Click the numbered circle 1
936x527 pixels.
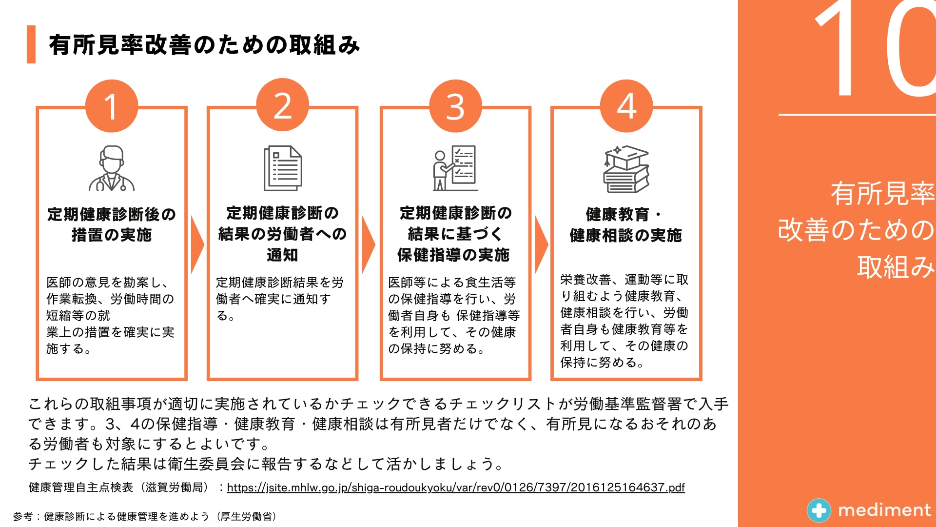[x=112, y=106]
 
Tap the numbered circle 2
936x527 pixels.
[x=283, y=105]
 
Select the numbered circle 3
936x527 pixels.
[x=455, y=106]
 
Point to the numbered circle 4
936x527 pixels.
[x=626, y=106]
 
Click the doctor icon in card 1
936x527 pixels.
[x=112, y=168]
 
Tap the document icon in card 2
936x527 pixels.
[x=283, y=168]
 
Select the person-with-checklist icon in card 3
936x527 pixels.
[x=455, y=168]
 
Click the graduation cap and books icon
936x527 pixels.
[x=626, y=169]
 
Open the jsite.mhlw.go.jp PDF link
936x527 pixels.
[x=456, y=487]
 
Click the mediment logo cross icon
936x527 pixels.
[x=819, y=510]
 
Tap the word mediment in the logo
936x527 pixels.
[x=884, y=510]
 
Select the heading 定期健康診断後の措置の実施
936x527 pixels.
[x=112, y=224]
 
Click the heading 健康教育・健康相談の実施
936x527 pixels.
[x=626, y=225]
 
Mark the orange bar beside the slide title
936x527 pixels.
[x=31, y=44]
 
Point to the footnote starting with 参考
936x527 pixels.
[x=145, y=516]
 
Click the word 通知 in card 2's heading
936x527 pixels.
[x=282, y=255]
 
